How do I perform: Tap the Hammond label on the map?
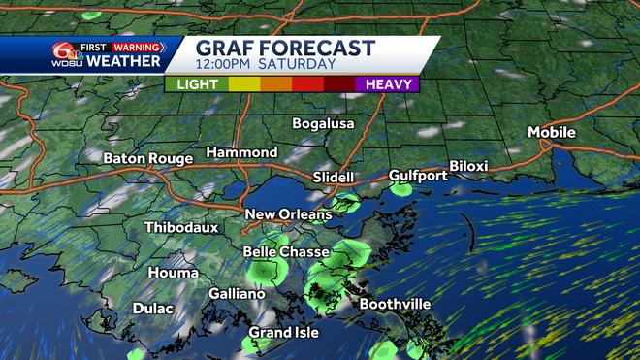point(241,152)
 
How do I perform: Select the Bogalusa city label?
point(324,123)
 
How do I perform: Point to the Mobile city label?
point(552,132)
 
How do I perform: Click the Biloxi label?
point(468,166)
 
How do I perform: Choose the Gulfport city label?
point(418,175)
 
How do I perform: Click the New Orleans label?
point(288,214)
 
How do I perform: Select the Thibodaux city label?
point(181,227)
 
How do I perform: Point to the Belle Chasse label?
point(285,251)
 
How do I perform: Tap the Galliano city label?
point(237,293)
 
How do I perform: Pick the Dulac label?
point(152,308)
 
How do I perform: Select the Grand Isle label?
point(283,332)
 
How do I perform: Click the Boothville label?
point(395,304)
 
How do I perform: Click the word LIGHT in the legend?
point(197,84)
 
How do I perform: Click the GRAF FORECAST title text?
point(285,48)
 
